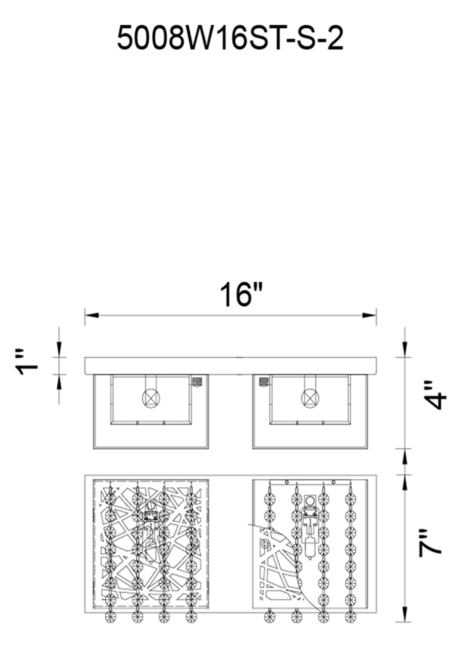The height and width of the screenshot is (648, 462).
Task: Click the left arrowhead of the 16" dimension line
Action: pos(92,315)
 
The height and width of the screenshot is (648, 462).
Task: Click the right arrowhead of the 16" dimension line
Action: pos(369,315)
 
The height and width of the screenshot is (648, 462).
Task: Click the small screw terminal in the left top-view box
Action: pos(198,381)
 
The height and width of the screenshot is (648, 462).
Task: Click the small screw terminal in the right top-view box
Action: pos(264,381)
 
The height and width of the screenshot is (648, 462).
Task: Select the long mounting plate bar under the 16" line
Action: pos(231,366)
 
